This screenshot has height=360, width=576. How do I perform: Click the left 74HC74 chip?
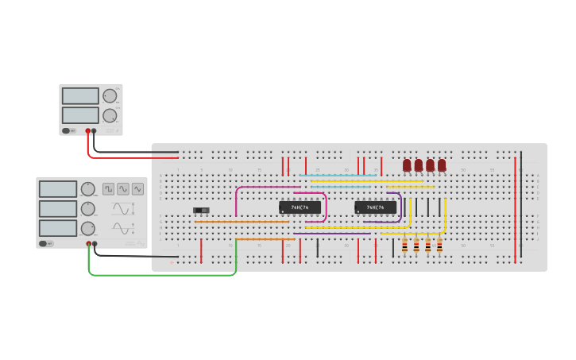[x=300, y=207]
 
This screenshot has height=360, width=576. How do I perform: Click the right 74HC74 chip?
[x=375, y=207]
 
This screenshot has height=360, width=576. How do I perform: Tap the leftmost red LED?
[x=407, y=165]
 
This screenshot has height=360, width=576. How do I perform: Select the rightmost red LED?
[x=442, y=165]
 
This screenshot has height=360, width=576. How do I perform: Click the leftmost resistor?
[x=404, y=246]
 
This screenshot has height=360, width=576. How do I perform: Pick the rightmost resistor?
[x=439, y=246]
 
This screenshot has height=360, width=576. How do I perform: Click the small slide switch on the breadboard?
[x=201, y=211]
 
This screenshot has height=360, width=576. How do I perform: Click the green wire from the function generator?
[x=159, y=275]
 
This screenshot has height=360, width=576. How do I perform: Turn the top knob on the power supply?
[x=110, y=96]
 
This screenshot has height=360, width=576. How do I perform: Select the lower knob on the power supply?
[x=110, y=116]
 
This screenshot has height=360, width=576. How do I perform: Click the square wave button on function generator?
[x=108, y=189]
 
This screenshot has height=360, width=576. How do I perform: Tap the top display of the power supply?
[x=80, y=96]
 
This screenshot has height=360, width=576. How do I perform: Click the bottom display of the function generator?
[x=58, y=228]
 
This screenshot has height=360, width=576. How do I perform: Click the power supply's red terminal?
[x=87, y=131]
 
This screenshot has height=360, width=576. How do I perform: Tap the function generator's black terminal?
[x=95, y=244]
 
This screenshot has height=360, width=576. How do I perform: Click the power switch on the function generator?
[x=47, y=244]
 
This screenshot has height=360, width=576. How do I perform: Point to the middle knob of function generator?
[x=87, y=209]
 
